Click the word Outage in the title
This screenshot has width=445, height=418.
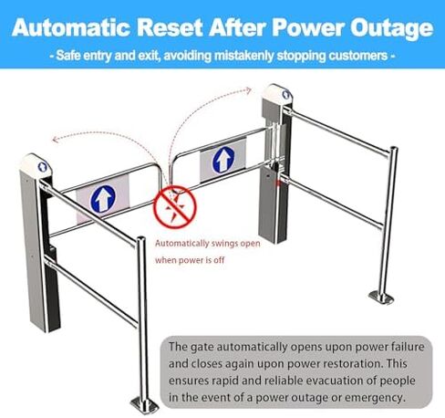[x=391, y=28]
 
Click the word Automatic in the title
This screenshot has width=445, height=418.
[x=71, y=27]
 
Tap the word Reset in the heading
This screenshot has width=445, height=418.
[x=170, y=27]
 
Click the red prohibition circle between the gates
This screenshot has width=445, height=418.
[x=175, y=207]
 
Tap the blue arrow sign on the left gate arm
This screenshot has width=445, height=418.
[x=103, y=199]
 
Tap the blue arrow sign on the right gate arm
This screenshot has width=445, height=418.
[x=223, y=160]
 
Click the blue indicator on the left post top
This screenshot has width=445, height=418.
[x=42, y=166]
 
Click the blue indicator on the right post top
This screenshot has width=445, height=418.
[x=286, y=94]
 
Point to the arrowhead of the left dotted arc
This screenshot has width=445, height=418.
[x=55, y=140]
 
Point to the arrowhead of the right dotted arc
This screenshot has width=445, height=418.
[x=249, y=90]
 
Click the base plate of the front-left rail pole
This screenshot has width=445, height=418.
[x=145, y=405]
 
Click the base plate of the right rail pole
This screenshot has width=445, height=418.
[x=381, y=297]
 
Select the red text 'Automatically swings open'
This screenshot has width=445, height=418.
[x=208, y=244]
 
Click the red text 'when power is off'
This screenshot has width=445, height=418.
[x=190, y=260]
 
